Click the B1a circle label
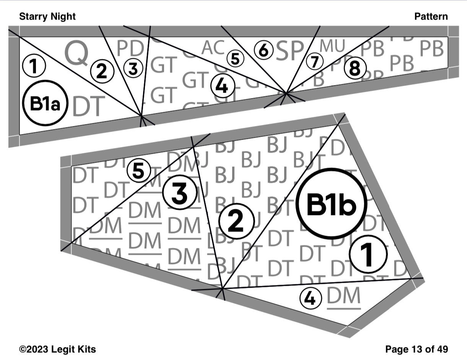(x=45, y=103)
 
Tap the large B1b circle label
(x=331, y=205)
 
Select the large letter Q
(x=76, y=53)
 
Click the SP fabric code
(x=290, y=50)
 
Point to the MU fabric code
(x=332, y=46)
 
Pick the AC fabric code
(x=213, y=48)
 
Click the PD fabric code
(x=130, y=49)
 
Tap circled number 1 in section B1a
(x=34, y=66)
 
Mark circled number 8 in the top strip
(x=355, y=69)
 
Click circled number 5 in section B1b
(x=138, y=171)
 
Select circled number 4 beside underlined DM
(x=311, y=298)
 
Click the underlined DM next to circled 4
(x=344, y=297)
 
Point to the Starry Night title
(x=47, y=16)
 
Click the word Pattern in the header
(x=431, y=16)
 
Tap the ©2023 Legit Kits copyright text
(x=57, y=349)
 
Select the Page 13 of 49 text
(x=417, y=349)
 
